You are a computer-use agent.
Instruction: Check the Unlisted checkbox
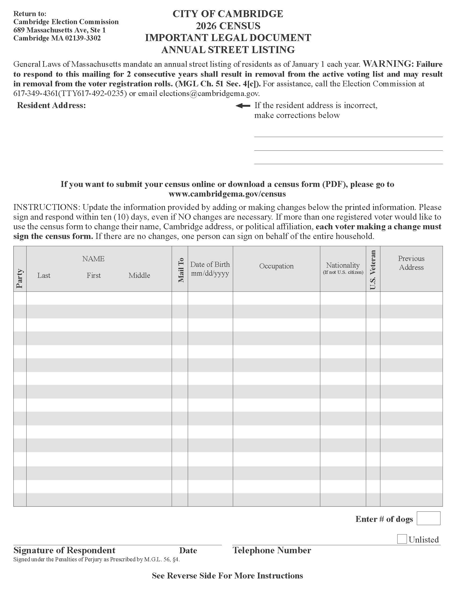coord(402,539)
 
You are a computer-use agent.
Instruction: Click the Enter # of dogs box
coord(428,518)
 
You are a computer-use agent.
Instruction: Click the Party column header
coord(20,278)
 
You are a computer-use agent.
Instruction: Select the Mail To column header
coord(181,270)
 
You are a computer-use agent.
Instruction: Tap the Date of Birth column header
coord(210,268)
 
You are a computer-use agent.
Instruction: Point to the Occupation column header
coord(276,266)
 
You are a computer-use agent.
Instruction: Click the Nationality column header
coord(343,268)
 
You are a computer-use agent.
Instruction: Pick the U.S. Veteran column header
coord(373,270)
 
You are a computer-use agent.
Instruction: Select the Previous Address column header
coord(411,263)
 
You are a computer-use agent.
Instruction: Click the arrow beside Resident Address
coord(243,106)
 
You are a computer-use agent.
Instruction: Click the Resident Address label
coord(51,105)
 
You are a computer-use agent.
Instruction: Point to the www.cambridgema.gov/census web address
coord(227,194)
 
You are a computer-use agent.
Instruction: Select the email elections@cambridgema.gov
coord(209,94)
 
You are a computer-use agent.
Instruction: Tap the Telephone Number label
coord(272,550)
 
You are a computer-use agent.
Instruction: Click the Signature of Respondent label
coord(64,550)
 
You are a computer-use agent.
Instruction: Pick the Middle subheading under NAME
coord(139,275)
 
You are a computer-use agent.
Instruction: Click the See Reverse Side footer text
coord(227,576)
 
